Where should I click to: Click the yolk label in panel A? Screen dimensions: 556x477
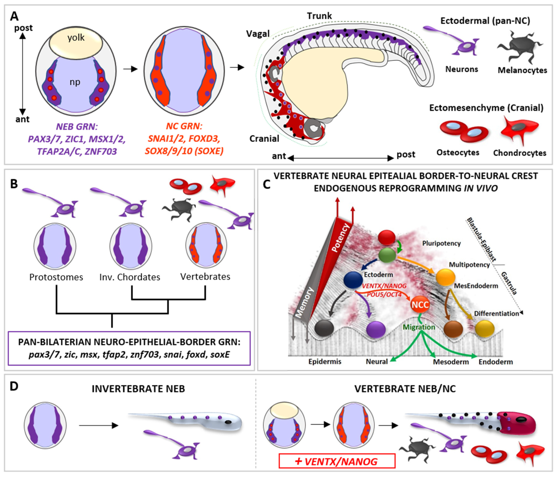point(76,38)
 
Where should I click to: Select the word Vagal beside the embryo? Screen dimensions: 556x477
point(258,34)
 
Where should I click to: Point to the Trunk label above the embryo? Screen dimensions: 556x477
point(319,16)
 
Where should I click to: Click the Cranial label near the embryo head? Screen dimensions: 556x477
point(264,139)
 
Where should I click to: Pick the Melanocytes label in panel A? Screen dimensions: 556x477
point(522,70)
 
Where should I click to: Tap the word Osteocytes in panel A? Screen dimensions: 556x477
point(458,152)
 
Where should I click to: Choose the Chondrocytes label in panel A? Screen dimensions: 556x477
point(520,153)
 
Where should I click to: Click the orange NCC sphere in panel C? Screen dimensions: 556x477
point(420,305)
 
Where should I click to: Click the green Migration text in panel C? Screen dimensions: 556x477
point(419,327)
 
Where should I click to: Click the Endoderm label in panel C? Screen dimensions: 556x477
point(496,362)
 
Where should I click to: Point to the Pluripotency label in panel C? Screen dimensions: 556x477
point(441,243)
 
